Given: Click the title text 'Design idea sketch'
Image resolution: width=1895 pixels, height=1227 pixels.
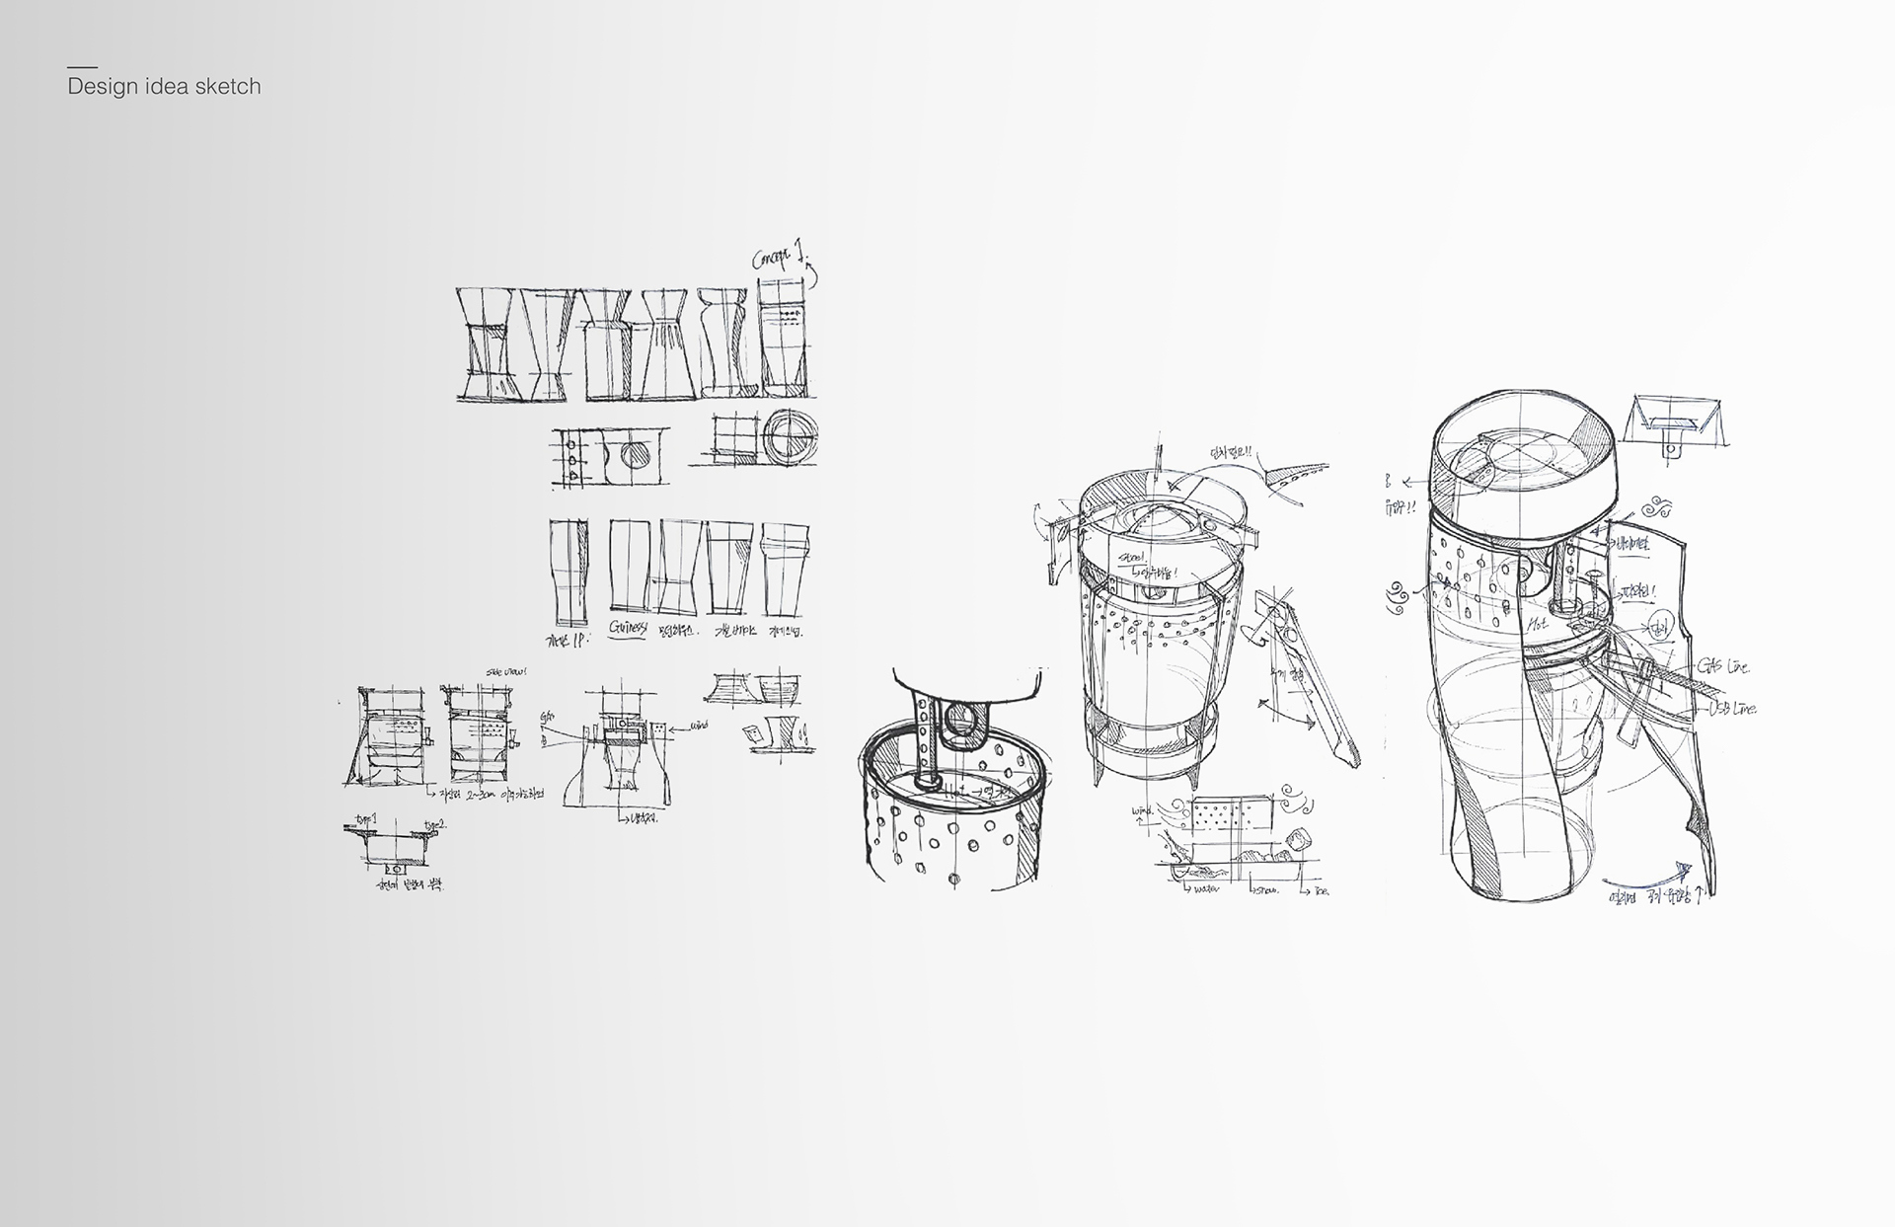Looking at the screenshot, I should click(164, 87).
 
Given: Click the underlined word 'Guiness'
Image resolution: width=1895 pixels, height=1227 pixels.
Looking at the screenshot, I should click(628, 629).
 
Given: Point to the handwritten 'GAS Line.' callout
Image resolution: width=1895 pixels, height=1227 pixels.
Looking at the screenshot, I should click(1724, 668).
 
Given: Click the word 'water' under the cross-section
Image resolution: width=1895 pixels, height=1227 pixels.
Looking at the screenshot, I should click(1206, 888).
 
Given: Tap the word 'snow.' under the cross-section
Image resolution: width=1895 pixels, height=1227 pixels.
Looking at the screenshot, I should click(1266, 889).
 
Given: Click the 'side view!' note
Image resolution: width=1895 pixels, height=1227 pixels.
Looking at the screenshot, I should click(507, 672).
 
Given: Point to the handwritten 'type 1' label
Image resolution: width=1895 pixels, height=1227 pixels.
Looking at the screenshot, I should click(368, 820).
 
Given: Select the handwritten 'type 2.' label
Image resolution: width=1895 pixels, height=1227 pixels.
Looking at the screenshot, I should click(433, 825).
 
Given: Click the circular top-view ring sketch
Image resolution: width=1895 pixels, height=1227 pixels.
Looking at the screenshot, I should click(788, 436).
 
